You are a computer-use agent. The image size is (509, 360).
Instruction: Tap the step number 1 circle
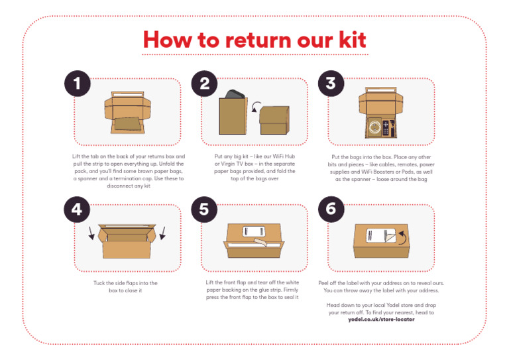pyautogui.click(x=78, y=84)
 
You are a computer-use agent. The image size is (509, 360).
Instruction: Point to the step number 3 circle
pyautogui.click(x=331, y=84)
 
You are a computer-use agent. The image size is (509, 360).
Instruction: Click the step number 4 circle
pyautogui.click(x=78, y=210)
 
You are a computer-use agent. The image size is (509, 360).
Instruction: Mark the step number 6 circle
pyautogui.click(x=331, y=210)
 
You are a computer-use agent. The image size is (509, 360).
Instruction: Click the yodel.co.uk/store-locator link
pyautogui.click(x=381, y=319)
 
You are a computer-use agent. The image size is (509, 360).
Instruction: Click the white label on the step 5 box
pyautogui.click(x=254, y=231)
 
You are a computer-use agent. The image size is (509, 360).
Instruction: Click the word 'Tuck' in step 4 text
pyautogui.click(x=100, y=283)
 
